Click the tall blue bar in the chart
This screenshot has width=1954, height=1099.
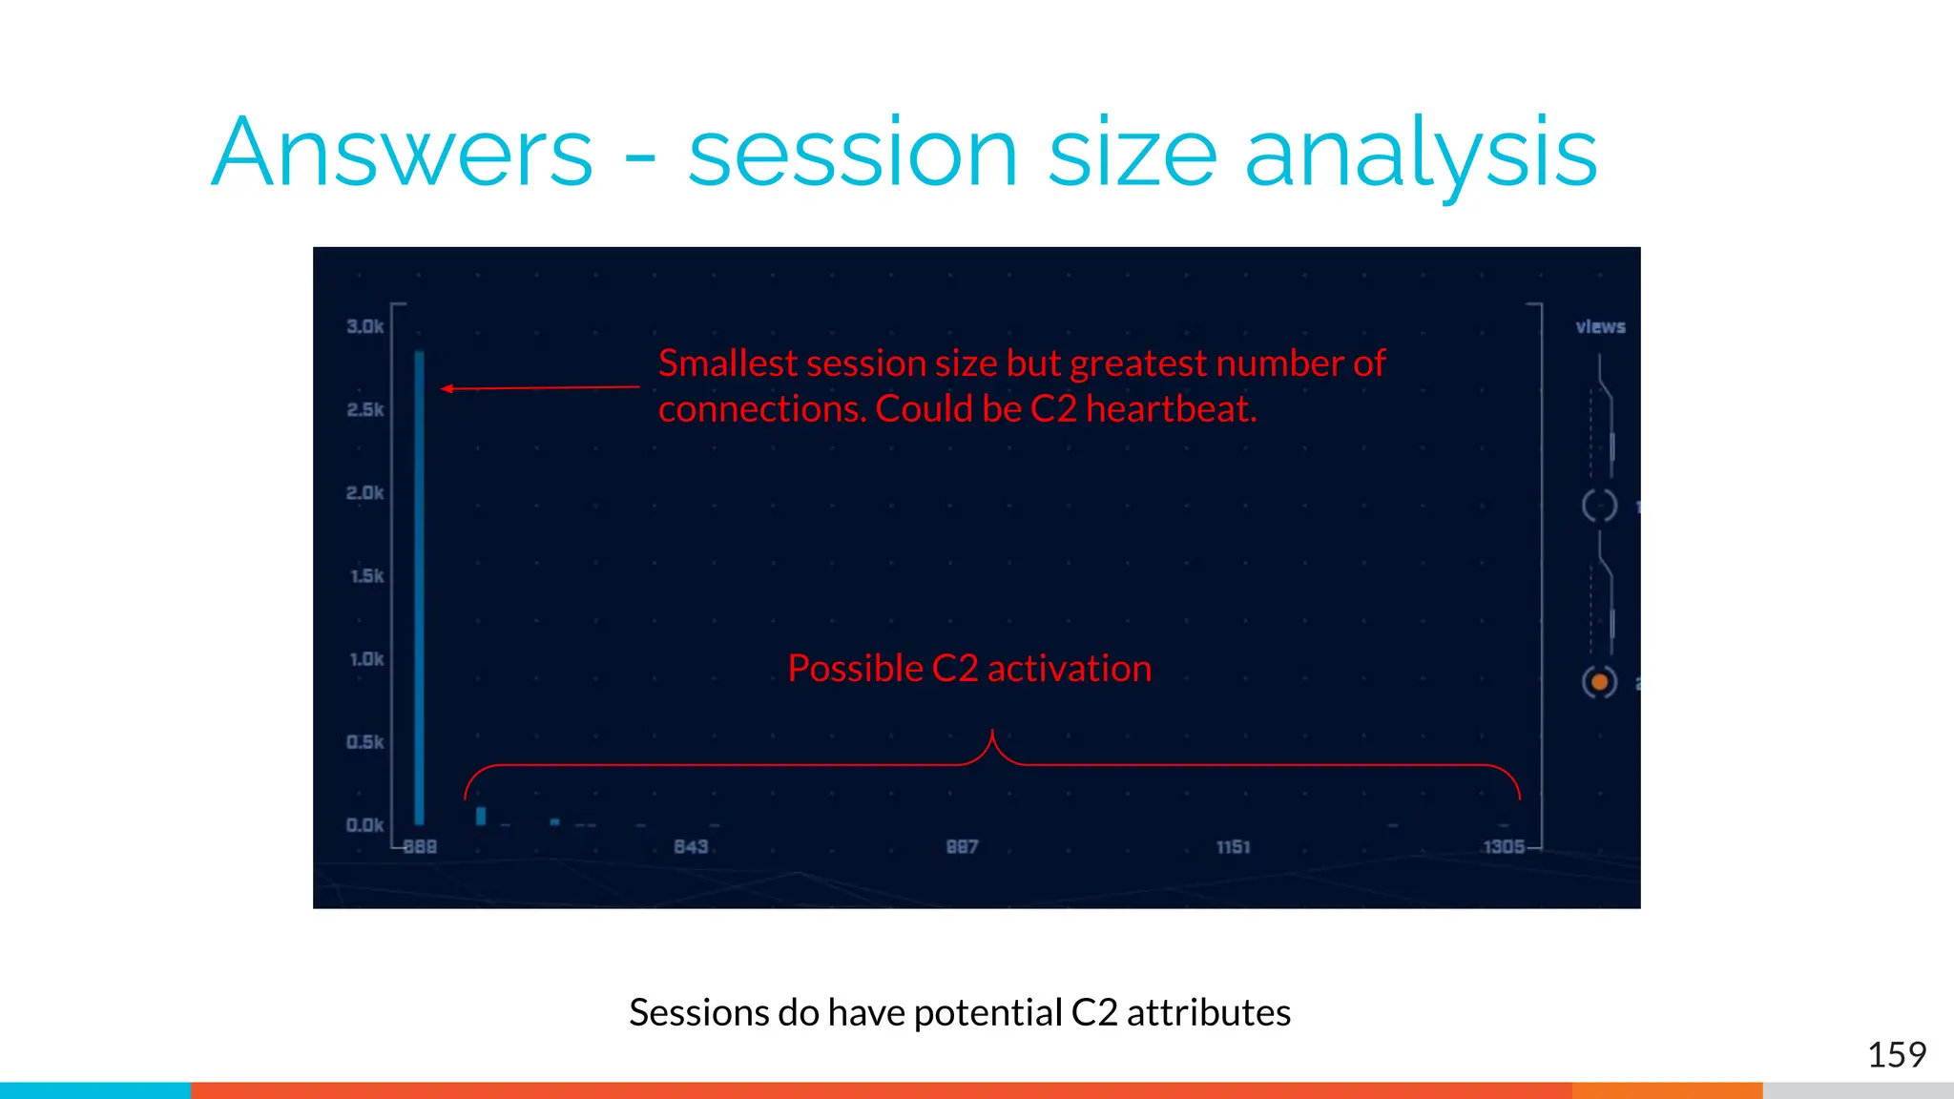(x=420, y=587)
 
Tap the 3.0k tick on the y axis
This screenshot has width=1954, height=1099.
(x=364, y=326)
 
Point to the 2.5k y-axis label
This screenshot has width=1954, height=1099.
(x=364, y=409)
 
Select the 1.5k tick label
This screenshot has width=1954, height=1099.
(x=366, y=575)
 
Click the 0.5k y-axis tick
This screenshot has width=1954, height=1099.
(x=364, y=741)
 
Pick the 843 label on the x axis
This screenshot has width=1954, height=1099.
(x=691, y=846)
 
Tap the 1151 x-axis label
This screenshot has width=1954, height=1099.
(x=1233, y=846)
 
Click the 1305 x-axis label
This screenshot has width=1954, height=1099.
(x=1504, y=846)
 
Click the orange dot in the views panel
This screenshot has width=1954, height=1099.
(x=1600, y=682)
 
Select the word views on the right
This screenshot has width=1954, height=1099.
(x=1600, y=326)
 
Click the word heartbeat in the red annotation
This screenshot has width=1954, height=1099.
(x=1171, y=409)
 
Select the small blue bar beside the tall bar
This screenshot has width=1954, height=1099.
(x=481, y=816)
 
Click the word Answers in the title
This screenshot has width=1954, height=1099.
(x=402, y=153)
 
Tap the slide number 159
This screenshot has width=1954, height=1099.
(x=1896, y=1054)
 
